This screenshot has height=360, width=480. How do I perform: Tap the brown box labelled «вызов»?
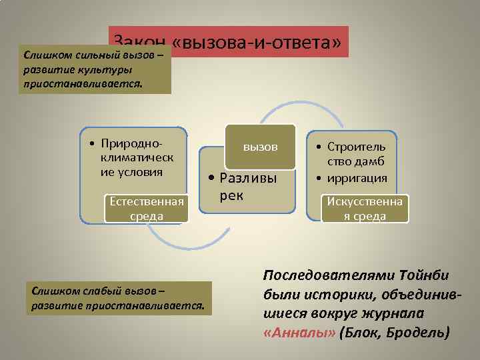[260, 147]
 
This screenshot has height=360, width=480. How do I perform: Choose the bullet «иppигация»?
[357, 178]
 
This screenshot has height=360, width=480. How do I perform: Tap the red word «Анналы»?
[291, 331]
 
